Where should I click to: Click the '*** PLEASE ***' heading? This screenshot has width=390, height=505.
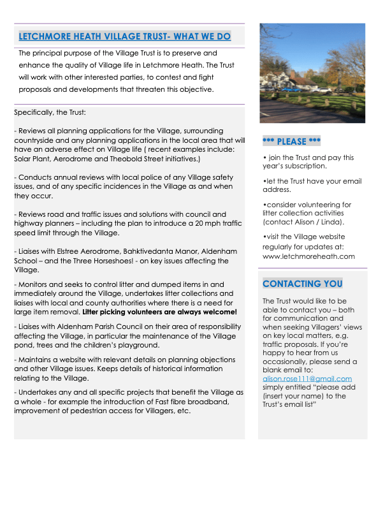tap(291, 141)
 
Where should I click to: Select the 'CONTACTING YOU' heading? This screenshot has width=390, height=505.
tap(302, 284)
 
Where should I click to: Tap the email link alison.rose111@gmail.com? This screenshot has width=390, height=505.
tap(307, 378)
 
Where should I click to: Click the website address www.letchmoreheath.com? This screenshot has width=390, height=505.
tap(308, 256)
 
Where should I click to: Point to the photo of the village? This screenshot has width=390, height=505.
tap(312, 73)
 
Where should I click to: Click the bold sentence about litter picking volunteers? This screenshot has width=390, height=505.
tap(159, 312)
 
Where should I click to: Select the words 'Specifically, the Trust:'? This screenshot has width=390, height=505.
tap(46, 113)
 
